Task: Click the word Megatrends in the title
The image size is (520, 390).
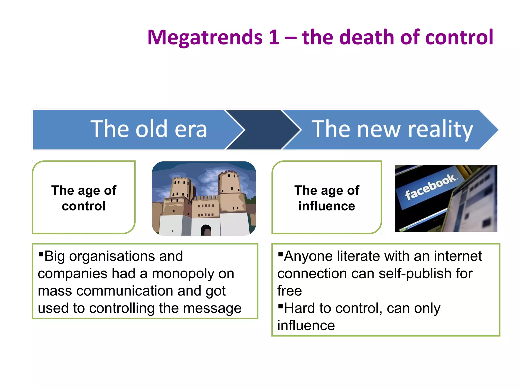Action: point(205,38)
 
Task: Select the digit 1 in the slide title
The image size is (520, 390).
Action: point(274,38)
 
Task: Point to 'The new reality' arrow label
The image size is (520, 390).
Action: point(392,129)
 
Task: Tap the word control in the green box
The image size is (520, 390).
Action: point(84,206)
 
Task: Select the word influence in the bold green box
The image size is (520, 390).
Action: point(327,206)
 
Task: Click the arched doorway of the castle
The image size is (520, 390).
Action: point(206,230)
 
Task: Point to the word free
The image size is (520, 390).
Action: point(289,291)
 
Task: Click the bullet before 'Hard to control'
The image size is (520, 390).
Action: point(280,305)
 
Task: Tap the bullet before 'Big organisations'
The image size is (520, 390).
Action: point(41,254)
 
